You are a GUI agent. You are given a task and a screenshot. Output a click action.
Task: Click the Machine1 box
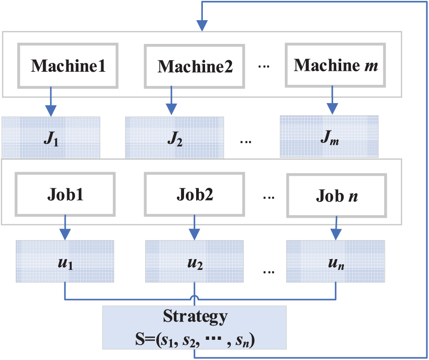click(x=68, y=65)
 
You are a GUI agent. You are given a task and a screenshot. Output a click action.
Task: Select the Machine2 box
click(x=195, y=65)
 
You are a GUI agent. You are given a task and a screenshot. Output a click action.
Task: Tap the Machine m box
click(x=335, y=65)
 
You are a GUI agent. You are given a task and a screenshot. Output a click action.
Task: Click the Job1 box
click(x=66, y=196)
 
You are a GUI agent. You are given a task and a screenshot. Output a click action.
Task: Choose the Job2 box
click(x=195, y=195)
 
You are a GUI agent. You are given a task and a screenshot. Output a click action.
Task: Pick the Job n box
click(x=336, y=196)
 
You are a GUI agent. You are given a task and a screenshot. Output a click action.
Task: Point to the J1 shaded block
click(x=51, y=137)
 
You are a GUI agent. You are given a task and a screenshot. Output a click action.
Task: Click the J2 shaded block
click(x=174, y=137)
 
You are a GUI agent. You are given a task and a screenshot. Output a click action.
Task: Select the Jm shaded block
click(x=329, y=136)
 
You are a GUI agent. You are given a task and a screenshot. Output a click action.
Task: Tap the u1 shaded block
click(x=65, y=261)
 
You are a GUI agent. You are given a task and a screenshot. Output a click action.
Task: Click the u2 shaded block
click(x=194, y=261)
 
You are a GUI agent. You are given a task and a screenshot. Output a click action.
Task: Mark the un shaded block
click(x=335, y=261)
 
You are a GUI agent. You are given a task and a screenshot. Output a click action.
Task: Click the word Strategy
click(x=194, y=317)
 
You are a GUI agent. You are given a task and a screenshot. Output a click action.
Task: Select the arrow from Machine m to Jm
click(x=331, y=100)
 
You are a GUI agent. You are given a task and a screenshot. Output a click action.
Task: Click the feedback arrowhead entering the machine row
click(x=202, y=25)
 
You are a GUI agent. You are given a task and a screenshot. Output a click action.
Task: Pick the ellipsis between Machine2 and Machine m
click(x=264, y=66)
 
